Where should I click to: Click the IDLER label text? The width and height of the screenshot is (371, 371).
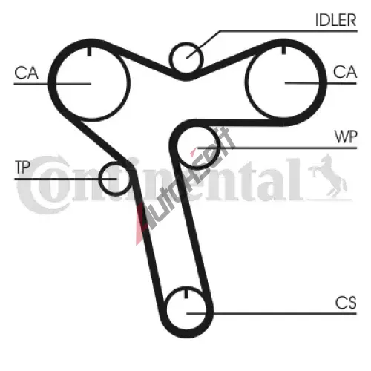(335, 20)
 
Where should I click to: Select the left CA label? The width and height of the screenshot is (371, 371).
(26, 73)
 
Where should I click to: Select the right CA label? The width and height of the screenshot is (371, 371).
(345, 72)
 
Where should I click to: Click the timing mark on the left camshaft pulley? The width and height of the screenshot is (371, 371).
(90, 51)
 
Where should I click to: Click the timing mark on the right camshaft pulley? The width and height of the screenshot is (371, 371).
(283, 50)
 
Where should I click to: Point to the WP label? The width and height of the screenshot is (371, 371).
(346, 137)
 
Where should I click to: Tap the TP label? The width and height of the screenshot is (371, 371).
(22, 167)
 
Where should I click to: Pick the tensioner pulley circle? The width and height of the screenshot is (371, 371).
(99, 178)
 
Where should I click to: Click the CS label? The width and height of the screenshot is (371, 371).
(346, 303)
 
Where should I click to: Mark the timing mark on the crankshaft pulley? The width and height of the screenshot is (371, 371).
(186, 293)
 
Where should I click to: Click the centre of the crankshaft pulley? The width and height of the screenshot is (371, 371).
(186, 314)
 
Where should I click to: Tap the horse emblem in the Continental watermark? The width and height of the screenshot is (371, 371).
(327, 176)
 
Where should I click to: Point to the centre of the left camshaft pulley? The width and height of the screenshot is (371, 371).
(91, 84)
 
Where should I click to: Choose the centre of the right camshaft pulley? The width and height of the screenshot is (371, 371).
(284, 82)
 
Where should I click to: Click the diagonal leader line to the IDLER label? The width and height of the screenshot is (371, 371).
(203, 45)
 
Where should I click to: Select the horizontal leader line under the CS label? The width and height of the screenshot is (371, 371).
(272, 314)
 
